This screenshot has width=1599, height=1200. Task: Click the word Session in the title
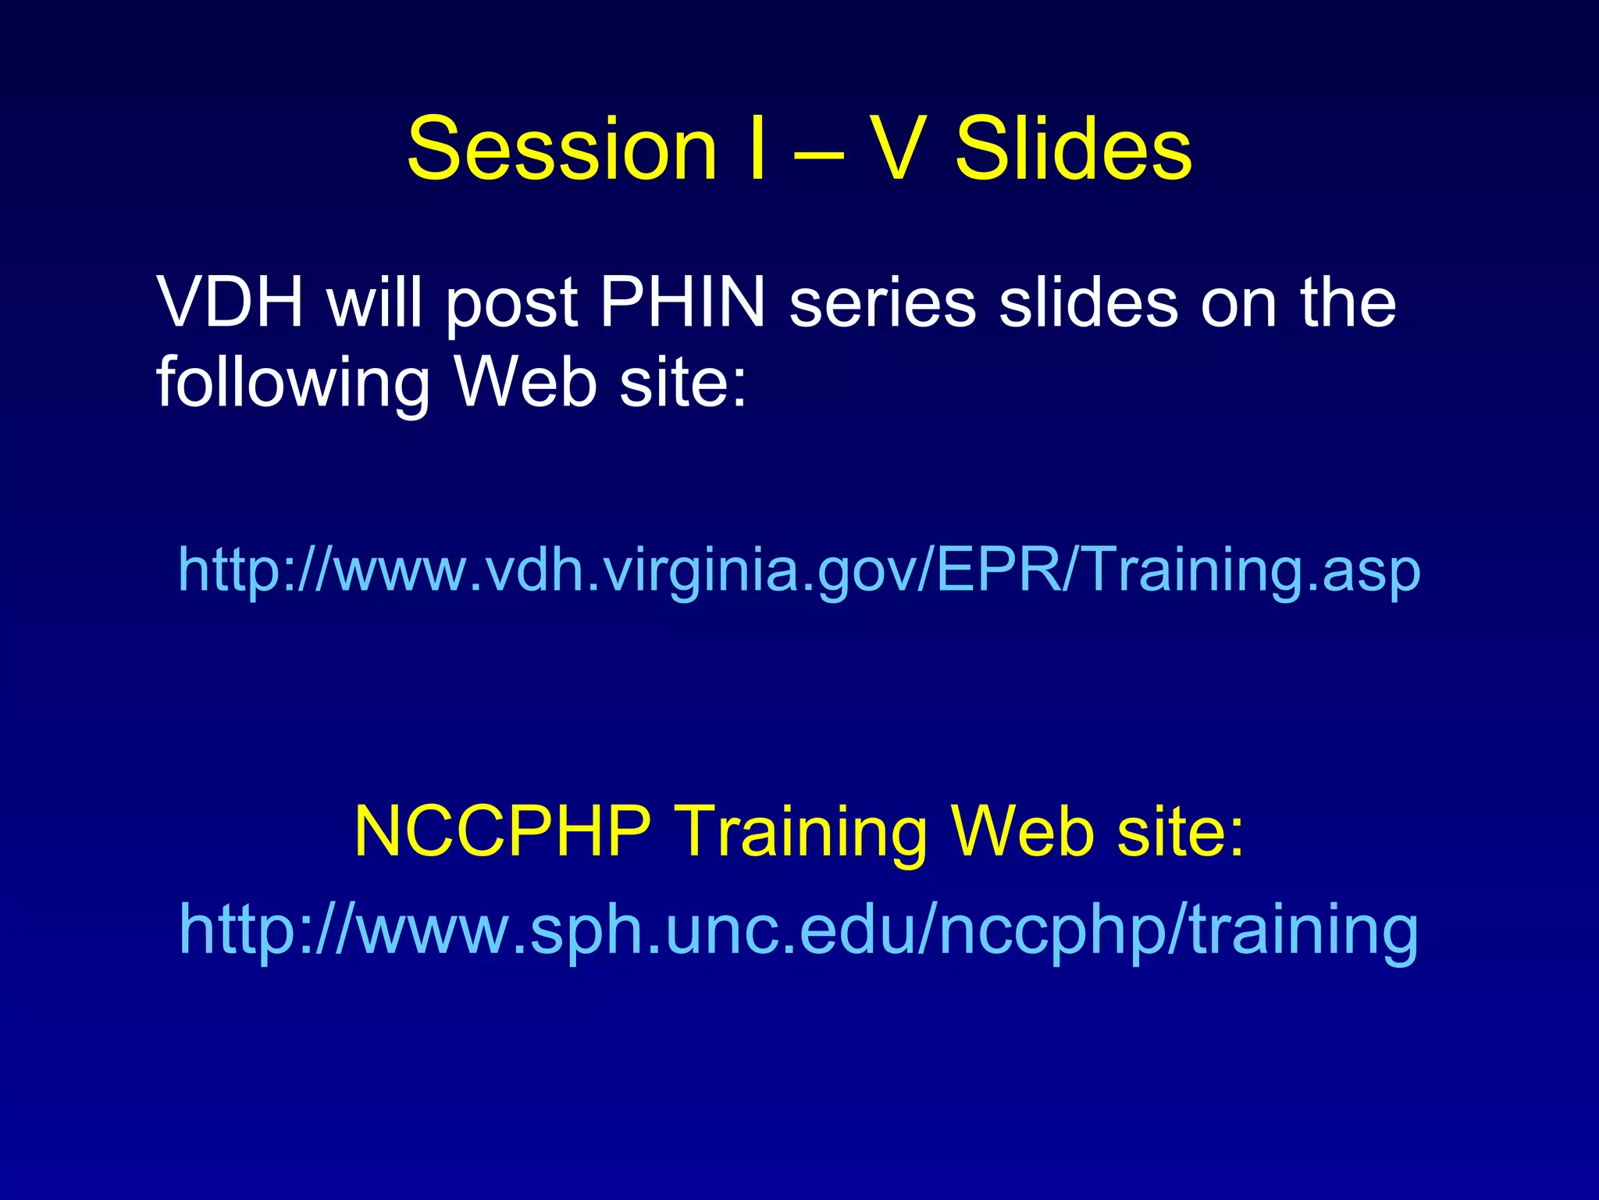561,148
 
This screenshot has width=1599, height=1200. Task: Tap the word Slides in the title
1074,148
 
